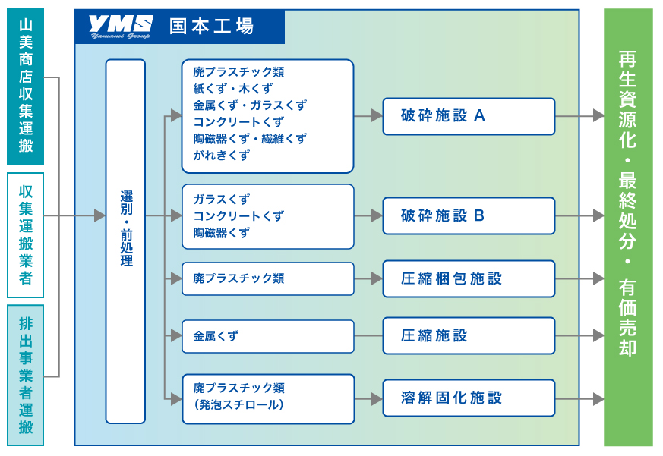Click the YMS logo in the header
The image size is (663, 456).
(x=121, y=27)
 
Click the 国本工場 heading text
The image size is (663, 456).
(x=211, y=27)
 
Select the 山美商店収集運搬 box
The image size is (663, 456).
(x=25, y=86)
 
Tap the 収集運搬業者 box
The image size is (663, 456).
(x=25, y=235)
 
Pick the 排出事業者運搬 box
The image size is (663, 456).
(x=25, y=376)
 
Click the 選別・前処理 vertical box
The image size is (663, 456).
(x=125, y=241)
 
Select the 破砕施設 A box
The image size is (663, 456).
(x=469, y=116)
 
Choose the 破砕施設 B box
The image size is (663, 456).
(x=469, y=216)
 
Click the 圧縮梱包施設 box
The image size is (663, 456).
(x=469, y=279)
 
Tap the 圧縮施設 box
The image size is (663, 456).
(x=469, y=336)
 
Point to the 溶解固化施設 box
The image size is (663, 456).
(x=469, y=398)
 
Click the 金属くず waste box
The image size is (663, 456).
(x=268, y=336)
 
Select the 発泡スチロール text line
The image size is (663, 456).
(x=239, y=405)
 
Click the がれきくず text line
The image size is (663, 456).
(x=222, y=156)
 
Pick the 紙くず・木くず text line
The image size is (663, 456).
(x=233, y=89)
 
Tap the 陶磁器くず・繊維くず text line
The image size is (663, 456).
(x=250, y=139)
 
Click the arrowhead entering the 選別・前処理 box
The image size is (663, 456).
(x=99, y=215)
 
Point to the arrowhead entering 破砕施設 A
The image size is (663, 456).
(x=377, y=115)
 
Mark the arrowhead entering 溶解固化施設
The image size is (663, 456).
(x=377, y=399)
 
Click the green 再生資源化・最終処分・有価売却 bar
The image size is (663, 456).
(x=628, y=228)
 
